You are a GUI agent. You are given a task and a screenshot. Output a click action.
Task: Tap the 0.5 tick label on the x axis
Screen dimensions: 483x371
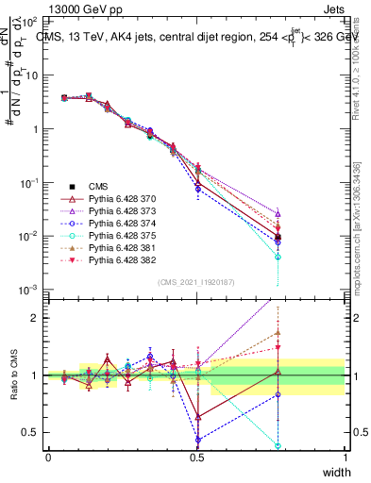pyautogui.click(x=197, y=457)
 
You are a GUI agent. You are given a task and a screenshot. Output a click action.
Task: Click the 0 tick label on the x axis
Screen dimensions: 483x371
pyautogui.click(x=48, y=457)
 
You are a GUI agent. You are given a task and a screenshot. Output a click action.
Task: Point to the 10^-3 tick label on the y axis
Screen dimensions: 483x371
pyautogui.click(x=26, y=290)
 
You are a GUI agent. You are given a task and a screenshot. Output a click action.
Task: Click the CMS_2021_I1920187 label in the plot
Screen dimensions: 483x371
pyautogui.click(x=196, y=281)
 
